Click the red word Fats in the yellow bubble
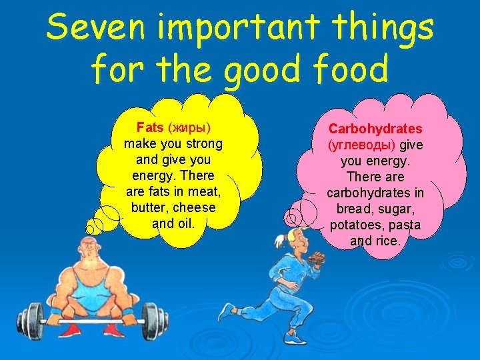(150, 127)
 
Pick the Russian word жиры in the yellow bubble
(189, 127)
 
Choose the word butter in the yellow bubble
(149, 207)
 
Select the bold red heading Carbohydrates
(375, 128)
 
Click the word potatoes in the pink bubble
(355, 225)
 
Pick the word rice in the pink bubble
(387, 241)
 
